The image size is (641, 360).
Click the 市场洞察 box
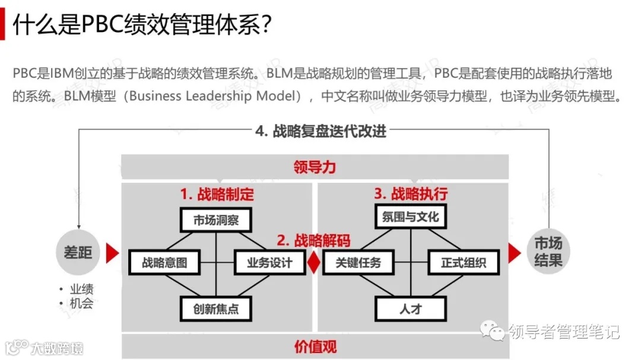[216, 220]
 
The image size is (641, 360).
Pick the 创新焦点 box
[216, 308]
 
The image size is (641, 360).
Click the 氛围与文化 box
[410, 216]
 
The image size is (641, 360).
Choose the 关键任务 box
[358, 262]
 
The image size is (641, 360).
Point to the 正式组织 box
[463, 262]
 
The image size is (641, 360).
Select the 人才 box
[410, 308]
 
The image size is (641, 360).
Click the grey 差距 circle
[78, 252]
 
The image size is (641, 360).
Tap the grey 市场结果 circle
[548, 252]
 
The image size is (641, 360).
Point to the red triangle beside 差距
[112, 253]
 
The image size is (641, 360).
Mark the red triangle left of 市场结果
[514, 253]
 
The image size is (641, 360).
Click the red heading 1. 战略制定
[217, 194]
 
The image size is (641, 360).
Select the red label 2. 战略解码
[313, 240]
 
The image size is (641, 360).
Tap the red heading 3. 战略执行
[411, 193]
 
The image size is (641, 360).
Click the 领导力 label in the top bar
[315, 167]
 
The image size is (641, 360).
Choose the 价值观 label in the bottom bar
[315, 346]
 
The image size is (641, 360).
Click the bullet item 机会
[81, 303]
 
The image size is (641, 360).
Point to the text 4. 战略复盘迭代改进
[321, 131]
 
